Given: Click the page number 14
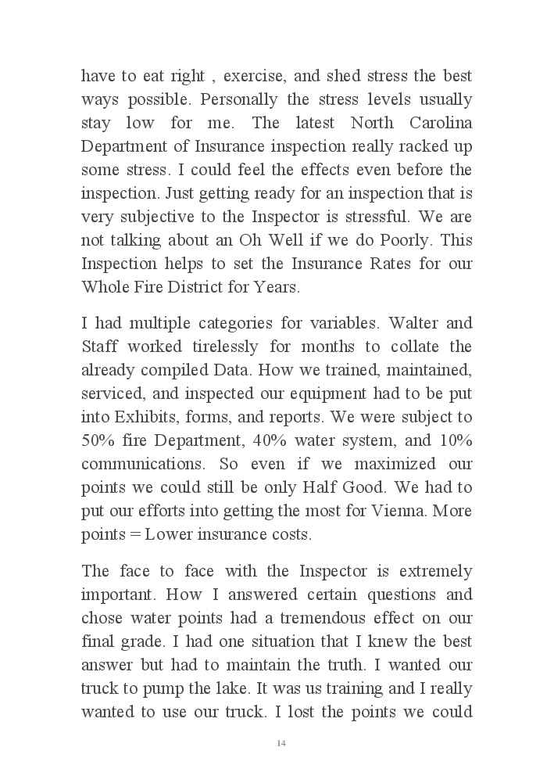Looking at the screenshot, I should click(281, 742).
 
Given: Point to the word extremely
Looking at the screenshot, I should click(431, 572).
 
